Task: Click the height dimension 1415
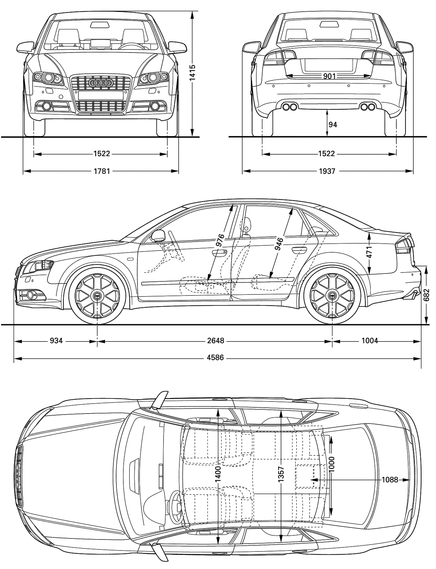click(192, 72)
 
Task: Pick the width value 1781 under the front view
click(102, 171)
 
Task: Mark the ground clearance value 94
click(333, 125)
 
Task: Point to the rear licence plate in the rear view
click(328, 65)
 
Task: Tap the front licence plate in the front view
click(101, 95)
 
